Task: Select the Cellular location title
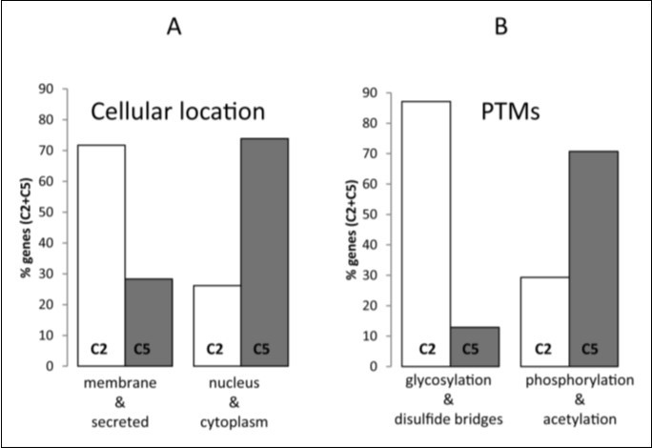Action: [177, 112]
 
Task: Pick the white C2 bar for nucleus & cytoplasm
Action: [216, 324]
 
